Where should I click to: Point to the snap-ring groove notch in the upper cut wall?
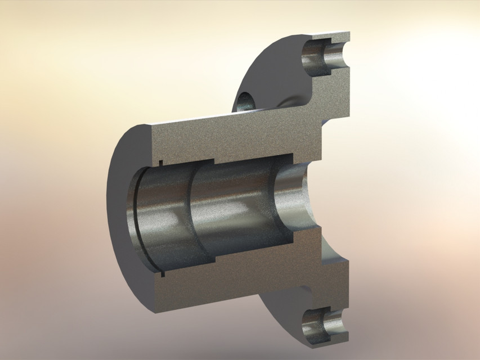pos(161,163)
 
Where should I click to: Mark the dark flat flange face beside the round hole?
pos(264,79)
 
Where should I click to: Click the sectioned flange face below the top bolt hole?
pos(332,96)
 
